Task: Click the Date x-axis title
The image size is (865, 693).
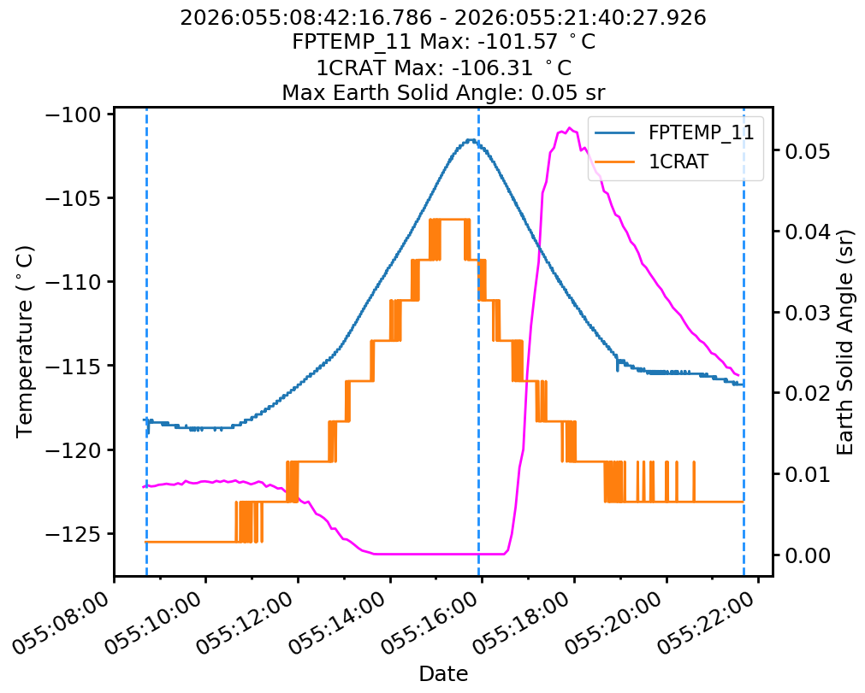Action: coord(443,674)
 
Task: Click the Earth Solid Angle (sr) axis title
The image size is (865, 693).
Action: coord(845,341)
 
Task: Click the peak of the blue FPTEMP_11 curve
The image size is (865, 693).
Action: coord(471,139)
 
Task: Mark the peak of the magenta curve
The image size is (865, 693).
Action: coord(569,128)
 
